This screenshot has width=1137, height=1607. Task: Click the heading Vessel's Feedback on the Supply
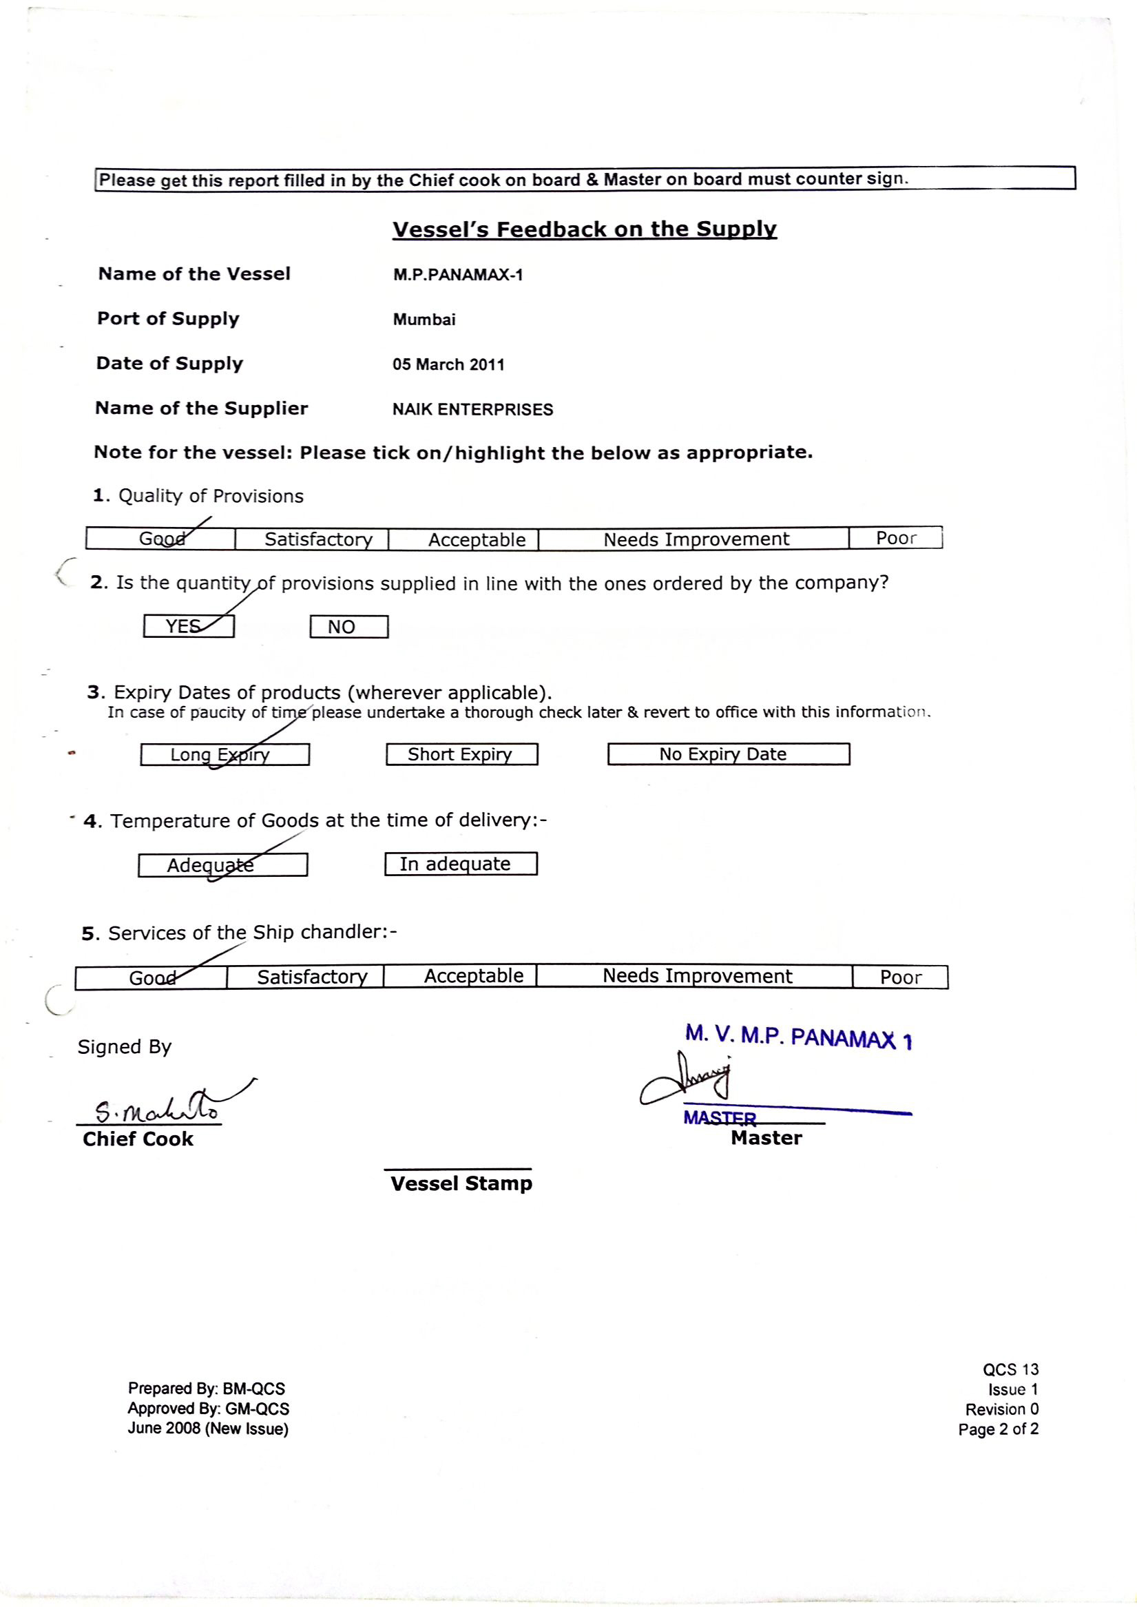point(584,229)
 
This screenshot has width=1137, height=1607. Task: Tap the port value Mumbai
point(424,320)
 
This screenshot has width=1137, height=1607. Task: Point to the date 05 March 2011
point(448,365)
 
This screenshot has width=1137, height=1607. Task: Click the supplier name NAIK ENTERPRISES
point(472,410)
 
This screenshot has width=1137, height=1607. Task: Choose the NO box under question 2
point(348,627)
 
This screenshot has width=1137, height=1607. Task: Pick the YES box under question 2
point(188,626)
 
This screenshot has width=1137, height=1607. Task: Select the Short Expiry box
point(461,754)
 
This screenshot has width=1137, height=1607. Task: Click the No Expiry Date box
point(728,754)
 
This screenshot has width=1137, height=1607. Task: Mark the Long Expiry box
point(224,754)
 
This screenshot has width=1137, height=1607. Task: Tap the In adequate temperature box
point(461,864)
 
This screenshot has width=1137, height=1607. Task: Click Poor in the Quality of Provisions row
point(895,538)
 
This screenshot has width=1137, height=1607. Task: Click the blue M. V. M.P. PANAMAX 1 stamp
point(798,1037)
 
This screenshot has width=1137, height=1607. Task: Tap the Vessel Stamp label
point(461,1184)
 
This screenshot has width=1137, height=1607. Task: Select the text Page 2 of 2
point(998,1429)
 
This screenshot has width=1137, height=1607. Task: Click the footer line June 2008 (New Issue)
point(208,1429)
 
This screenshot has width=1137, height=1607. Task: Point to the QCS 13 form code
point(1010,1369)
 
